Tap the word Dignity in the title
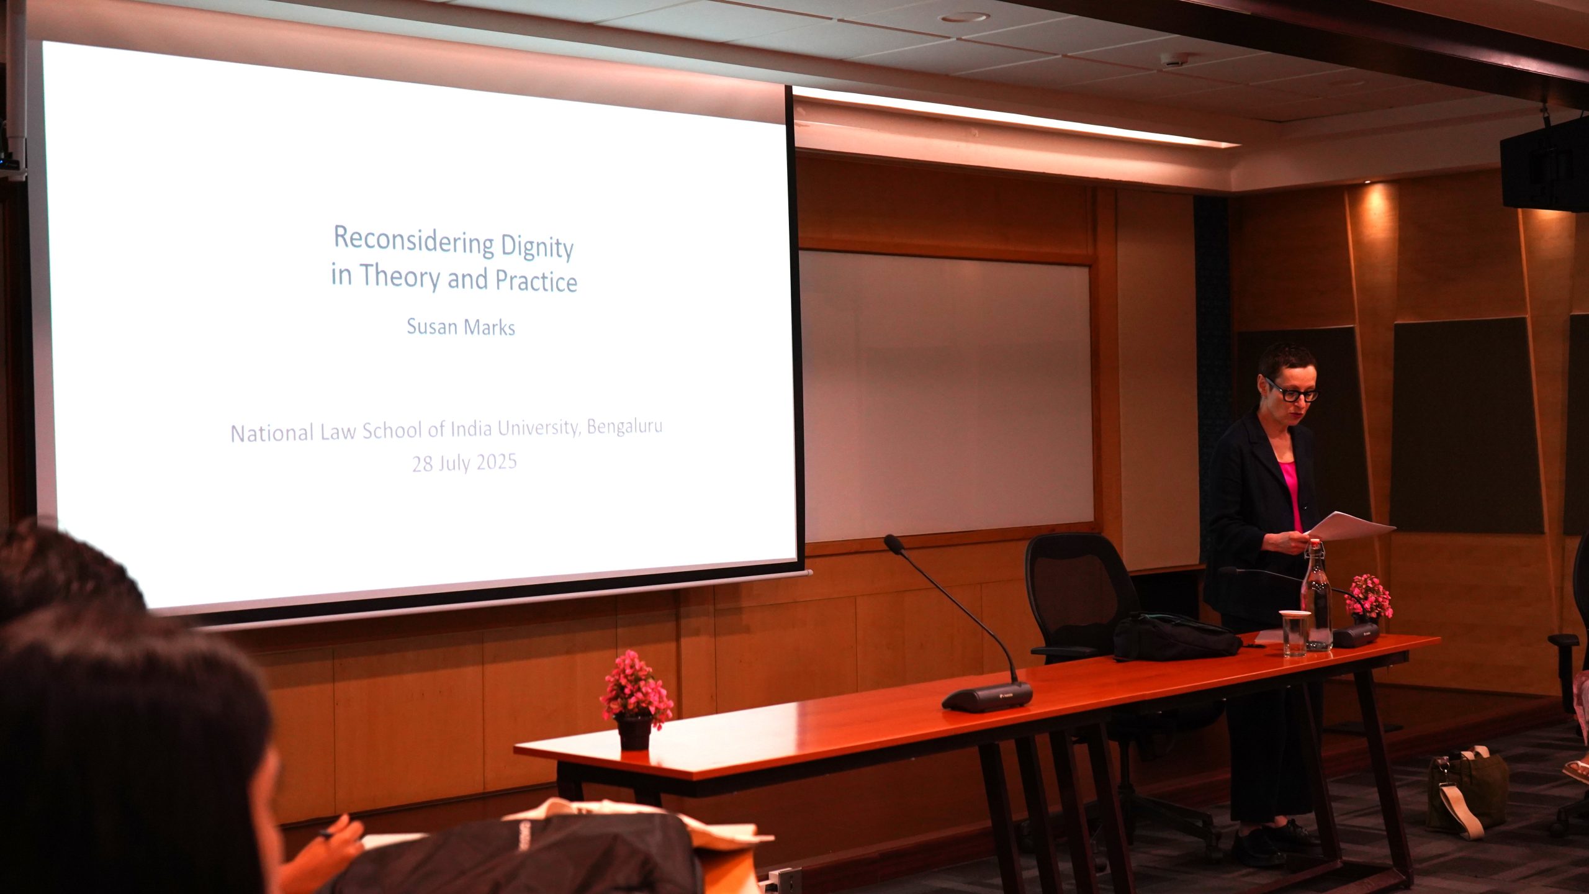[537, 248]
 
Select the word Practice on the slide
[536, 281]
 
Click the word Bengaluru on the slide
[624, 427]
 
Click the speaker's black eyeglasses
[1292, 391]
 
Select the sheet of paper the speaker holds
[1351, 526]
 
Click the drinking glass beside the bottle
[1295, 633]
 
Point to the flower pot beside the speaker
[1369, 598]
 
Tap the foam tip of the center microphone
[894, 544]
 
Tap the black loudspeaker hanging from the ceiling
[1544, 164]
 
